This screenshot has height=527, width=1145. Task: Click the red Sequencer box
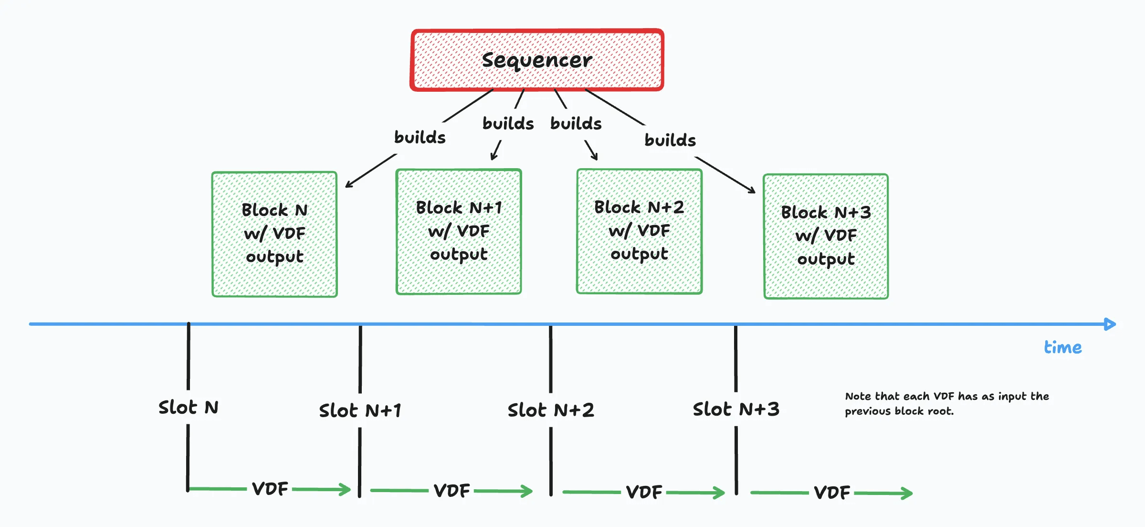click(x=537, y=60)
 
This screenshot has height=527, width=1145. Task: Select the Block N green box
click(x=274, y=234)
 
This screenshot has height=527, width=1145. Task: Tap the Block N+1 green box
click(x=459, y=232)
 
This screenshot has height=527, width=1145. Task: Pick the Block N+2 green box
click(x=639, y=231)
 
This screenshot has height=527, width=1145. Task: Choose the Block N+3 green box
click(x=826, y=237)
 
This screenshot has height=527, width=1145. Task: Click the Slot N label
click(x=189, y=408)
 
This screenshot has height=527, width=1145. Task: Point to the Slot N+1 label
click(x=360, y=410)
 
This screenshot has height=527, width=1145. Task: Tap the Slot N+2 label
click(x=551, y=410)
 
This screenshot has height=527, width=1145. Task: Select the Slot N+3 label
click(x=736, y=409)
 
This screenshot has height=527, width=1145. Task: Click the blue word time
click(x=1062, y=347)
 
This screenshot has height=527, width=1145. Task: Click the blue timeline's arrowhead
click(x=1110, y=324)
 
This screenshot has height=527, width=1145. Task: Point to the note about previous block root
click(x=946, y=404)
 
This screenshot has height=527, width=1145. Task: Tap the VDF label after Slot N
click(x=270, y=489)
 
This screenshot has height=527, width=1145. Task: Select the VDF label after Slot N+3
click(x=832, y=492)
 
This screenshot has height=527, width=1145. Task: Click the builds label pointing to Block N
click(x=420, y=138)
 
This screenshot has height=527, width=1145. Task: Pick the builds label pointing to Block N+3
click(x=670, y=140)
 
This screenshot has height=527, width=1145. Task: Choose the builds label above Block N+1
click(x=508, y=124)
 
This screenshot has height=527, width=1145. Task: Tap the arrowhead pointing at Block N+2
click(x=595, y=157)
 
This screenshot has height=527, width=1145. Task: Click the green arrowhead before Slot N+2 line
click(x=527, y=491)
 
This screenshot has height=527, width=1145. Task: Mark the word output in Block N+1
click(x=459, y=255)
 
